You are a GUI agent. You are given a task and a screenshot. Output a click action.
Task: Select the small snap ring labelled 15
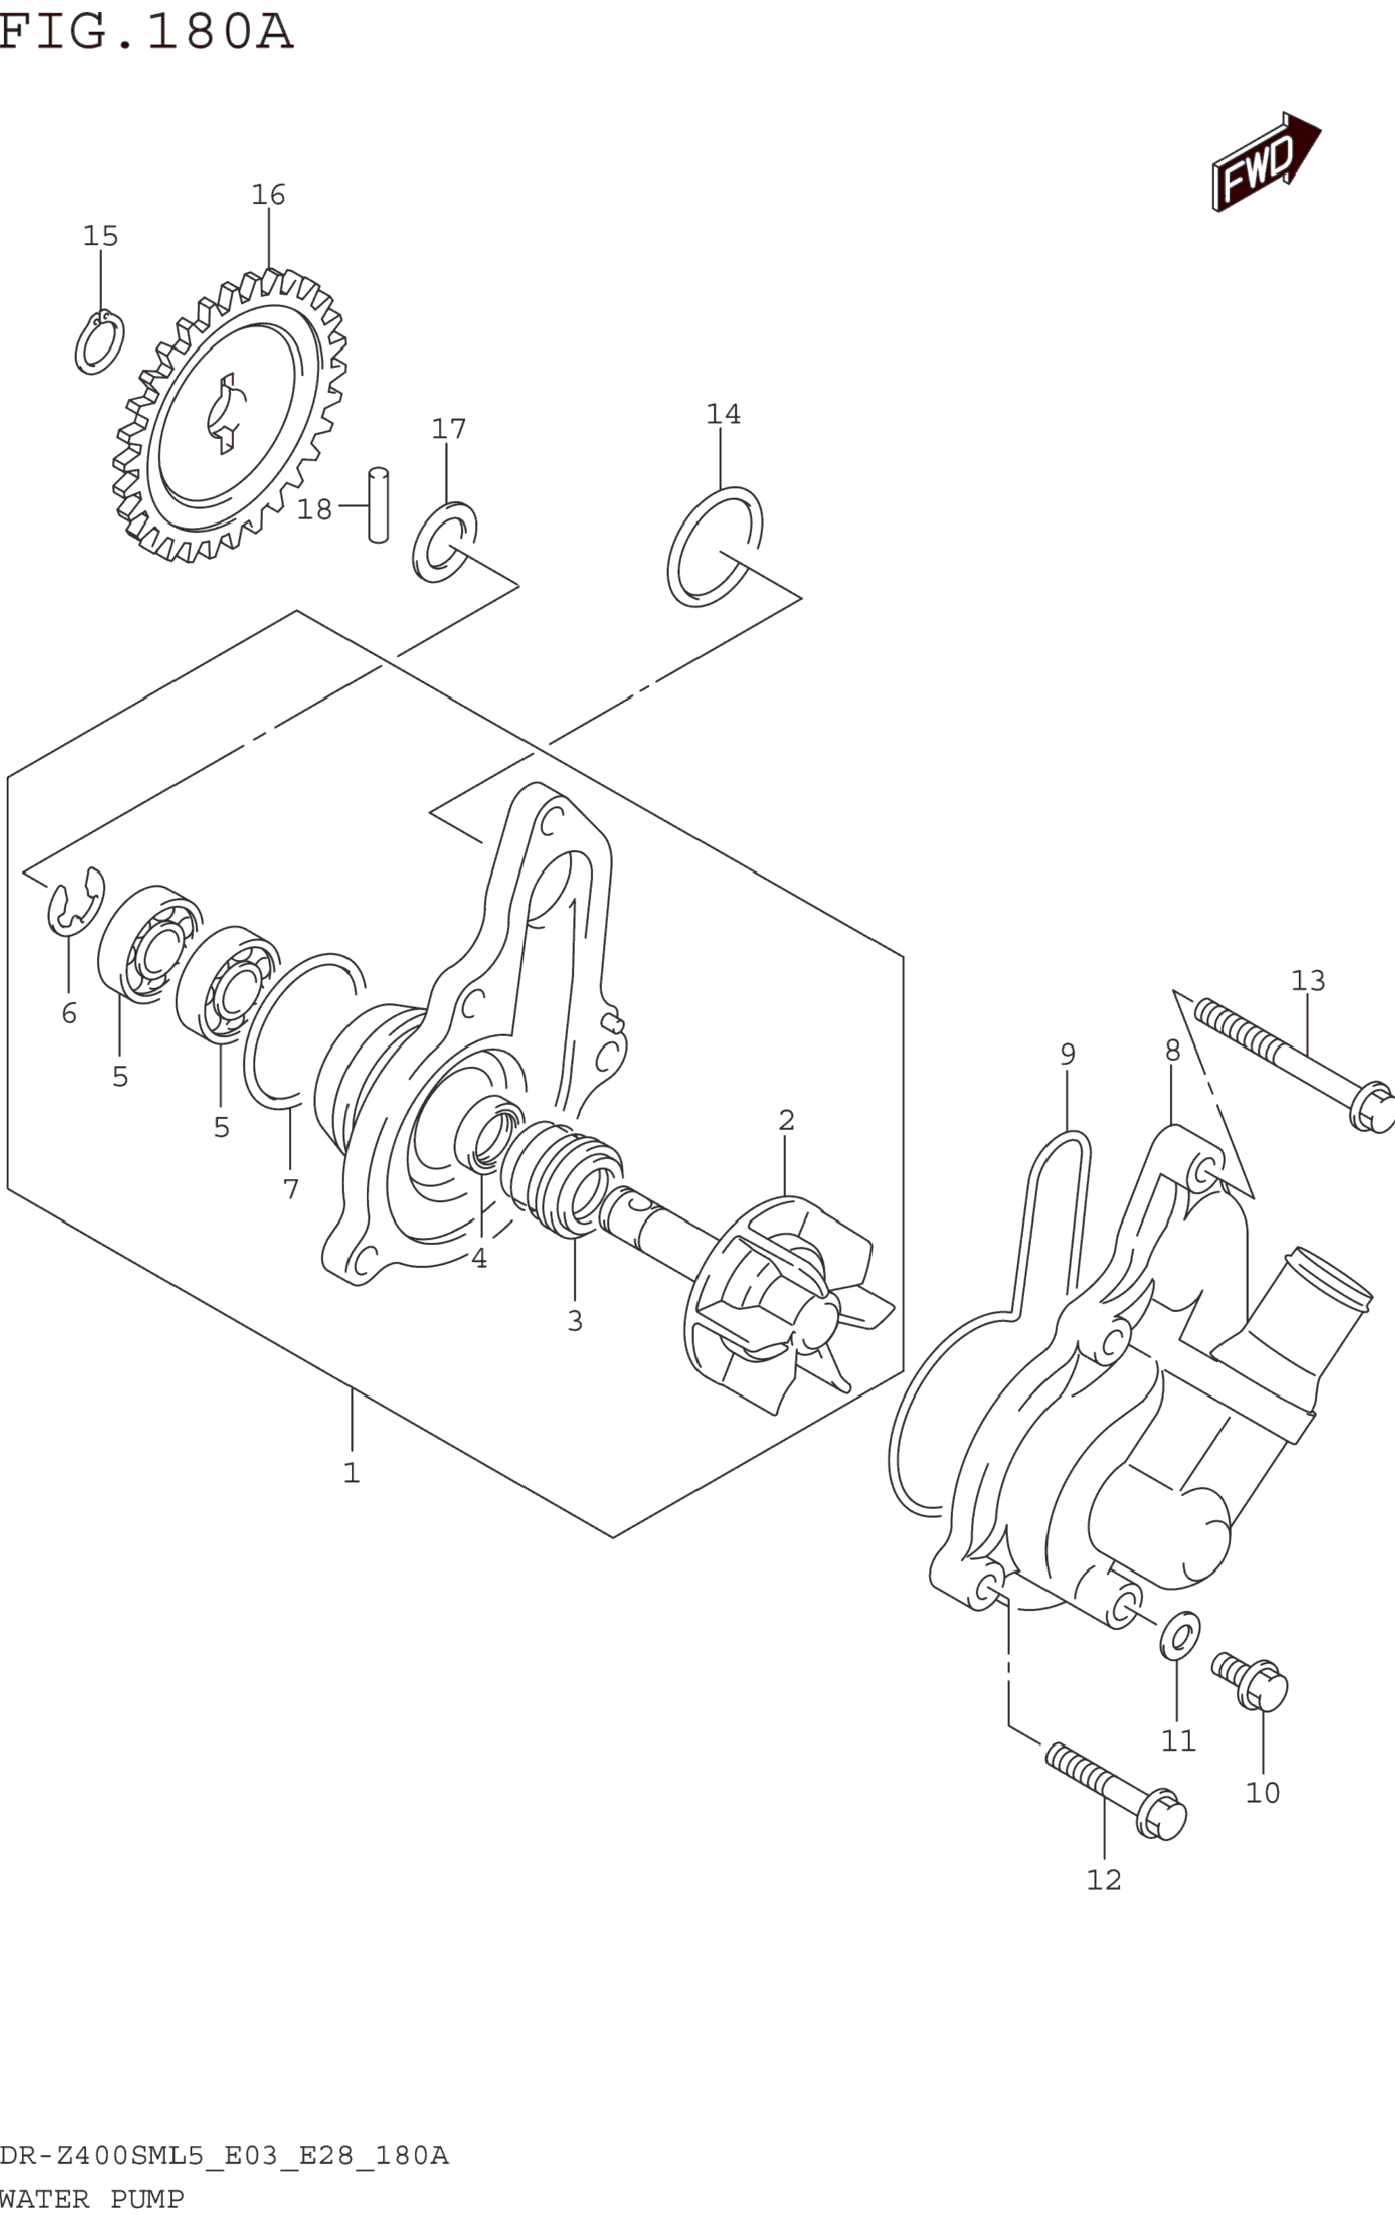pos(99,342)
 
